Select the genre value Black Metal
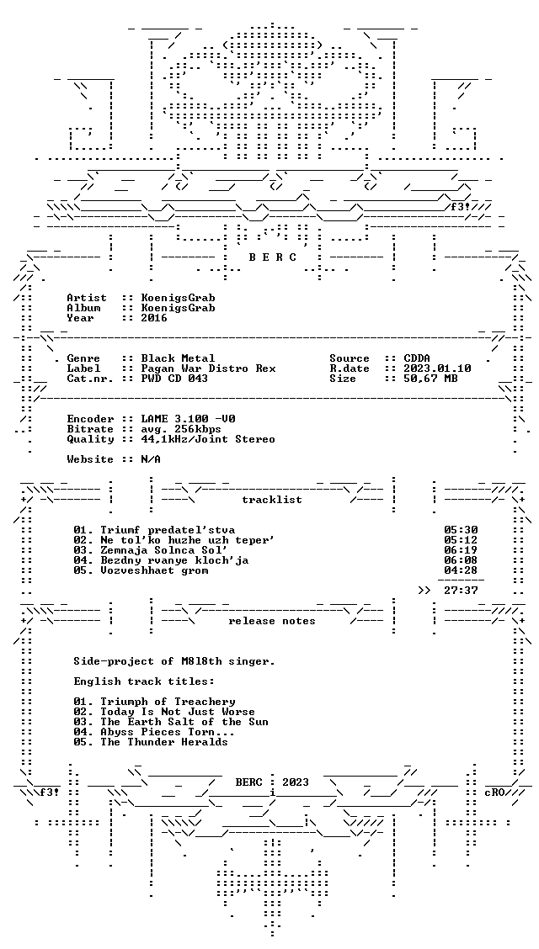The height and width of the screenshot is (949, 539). coord(178,358)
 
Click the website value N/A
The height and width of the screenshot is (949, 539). coord(150,459)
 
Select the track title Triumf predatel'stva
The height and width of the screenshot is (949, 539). coord(168,530)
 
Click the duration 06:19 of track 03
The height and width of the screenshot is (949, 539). coord(461,550)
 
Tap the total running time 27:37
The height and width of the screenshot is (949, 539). coord(461,591)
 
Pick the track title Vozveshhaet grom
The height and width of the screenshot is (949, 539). coord(154,570)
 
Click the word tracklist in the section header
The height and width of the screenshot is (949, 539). coord(272,500)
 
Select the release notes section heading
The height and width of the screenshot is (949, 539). coord(272,621)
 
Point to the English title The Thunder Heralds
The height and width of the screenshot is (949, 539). coord(164,742)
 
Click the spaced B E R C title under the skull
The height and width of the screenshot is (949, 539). coord(272,257)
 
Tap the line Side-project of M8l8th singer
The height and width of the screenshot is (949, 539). coord(174,661)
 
